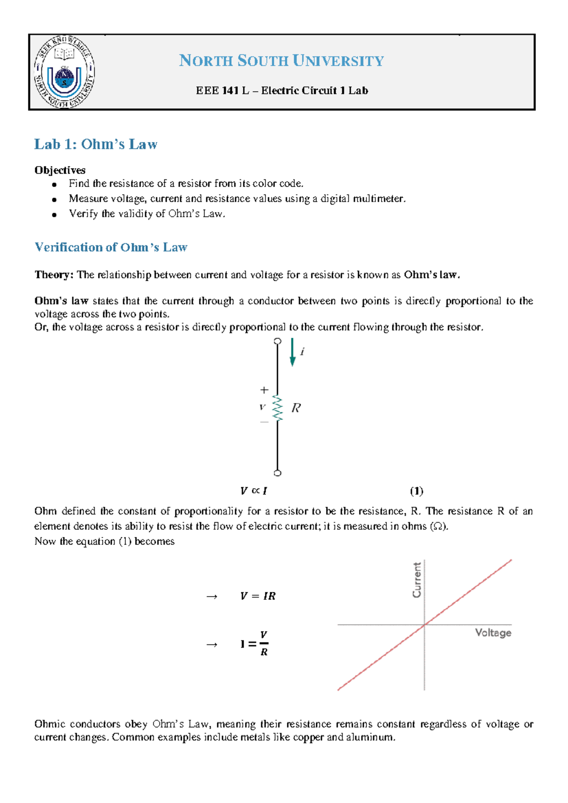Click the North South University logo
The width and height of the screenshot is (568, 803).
[64, 72]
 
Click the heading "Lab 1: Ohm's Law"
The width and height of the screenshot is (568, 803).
[96, 144]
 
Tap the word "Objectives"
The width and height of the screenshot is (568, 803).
[60, 170]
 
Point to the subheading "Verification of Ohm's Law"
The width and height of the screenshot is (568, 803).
[111, 247]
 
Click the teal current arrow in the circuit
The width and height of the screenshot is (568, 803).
[293, 352]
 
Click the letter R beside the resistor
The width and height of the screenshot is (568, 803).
[296, 408]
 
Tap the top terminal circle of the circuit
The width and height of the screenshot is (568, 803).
[278, 341]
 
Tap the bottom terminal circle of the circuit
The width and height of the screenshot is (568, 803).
[278, 473]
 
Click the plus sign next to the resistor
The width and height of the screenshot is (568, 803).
[264, 390]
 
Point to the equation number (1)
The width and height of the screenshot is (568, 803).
[417, 491]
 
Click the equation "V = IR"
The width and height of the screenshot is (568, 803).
[257, 596]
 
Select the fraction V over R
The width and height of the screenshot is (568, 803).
[264, 643]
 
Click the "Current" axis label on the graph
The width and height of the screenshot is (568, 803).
[417, 580]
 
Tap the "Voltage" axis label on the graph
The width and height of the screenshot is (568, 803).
[493, 633]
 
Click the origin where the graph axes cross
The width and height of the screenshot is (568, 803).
[425, 625]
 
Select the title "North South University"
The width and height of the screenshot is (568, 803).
[281, 61]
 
